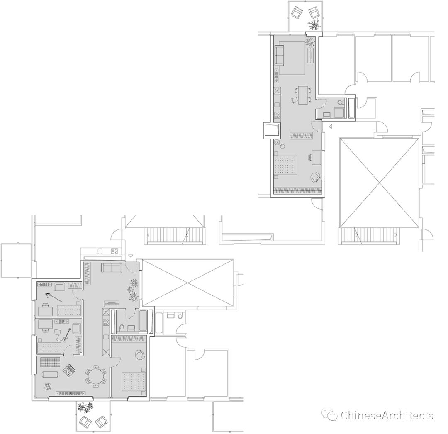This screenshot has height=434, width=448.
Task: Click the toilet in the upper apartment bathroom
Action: (341, 102)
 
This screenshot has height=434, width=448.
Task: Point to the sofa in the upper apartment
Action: (279, 55)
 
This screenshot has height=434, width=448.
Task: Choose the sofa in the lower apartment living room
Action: (112, 268)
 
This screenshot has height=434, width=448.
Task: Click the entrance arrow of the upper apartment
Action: (331, 126)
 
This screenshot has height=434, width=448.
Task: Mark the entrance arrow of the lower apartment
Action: (130, 256)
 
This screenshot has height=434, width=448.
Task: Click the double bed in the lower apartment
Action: (134, 381)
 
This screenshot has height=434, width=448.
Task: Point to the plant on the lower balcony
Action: (85, 407)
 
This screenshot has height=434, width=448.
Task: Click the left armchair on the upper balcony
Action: (297, 12)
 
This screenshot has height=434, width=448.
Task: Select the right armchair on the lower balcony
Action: (101, 422)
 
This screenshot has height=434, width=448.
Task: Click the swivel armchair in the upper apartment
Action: (315, 177)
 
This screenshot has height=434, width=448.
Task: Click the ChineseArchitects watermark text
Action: (386, 415)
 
